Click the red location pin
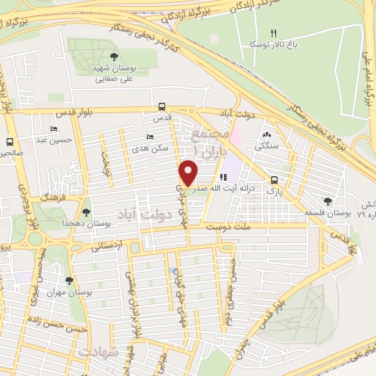[189, 173]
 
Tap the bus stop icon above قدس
[162, 105]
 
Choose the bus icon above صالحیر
[10, 142]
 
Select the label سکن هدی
[157, 148]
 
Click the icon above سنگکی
[266, 134]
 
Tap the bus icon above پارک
[274, 179]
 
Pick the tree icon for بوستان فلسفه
[327, 200]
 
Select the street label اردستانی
[108, 248]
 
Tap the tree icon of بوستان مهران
[70, 281]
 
